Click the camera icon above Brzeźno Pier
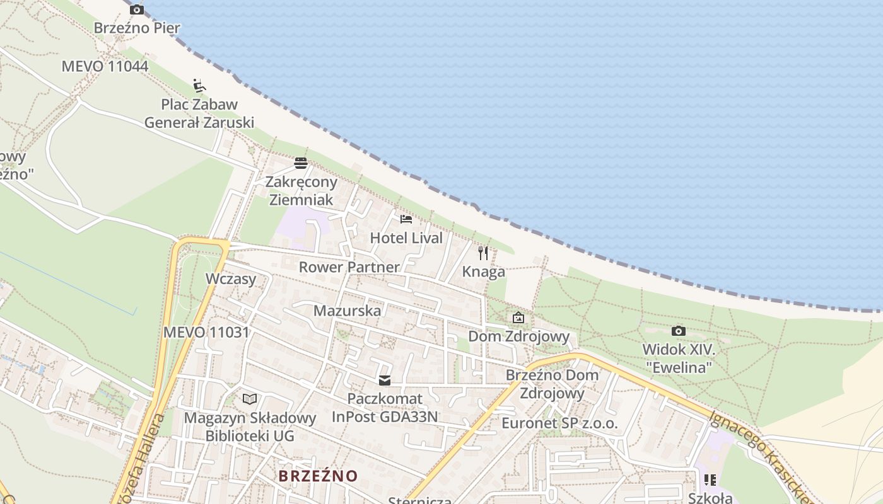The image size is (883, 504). coord(137,9)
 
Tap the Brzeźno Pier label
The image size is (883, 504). coord(137,28)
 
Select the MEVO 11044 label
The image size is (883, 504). coord(105,66)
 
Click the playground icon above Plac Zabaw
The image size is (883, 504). coord(199,85)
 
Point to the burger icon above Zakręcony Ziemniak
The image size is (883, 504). coord(301,163)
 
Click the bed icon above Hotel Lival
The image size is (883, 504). coord(406,219)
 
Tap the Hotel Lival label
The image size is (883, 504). coord(406,238)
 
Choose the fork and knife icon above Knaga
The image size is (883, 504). coord(483,253)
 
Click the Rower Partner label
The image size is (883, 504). coord(349,267)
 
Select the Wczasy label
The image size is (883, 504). coord(231,279)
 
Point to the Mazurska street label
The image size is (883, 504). coord(347,311)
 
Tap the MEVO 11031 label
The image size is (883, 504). coord(206,332)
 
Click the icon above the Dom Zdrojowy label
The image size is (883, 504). coord(518,318)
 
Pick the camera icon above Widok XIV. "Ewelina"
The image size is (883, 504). coord(679,331)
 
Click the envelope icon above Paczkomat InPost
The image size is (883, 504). coord(385,380)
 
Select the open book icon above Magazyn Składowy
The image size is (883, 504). coord(250,399)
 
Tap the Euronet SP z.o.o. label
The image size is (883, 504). coord(559,423)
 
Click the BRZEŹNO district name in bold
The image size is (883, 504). coord(318,476)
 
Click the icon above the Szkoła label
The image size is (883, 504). coord(710,480)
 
